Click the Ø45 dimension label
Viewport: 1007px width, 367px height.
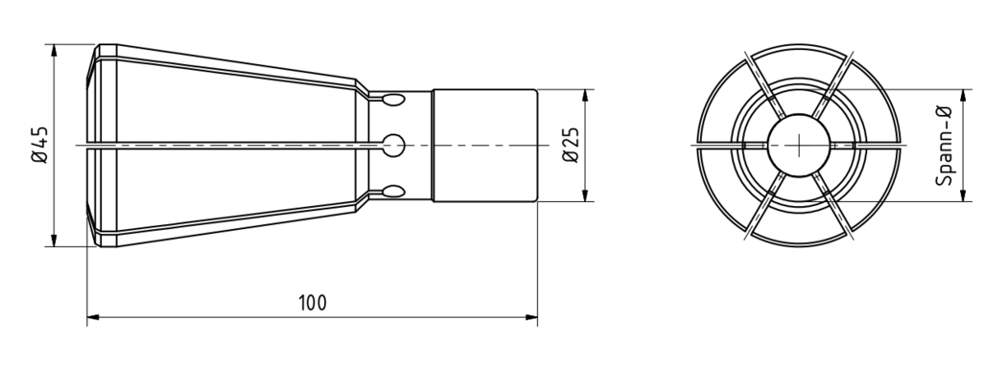(39, 145)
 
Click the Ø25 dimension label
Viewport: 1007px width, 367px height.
(571, 145)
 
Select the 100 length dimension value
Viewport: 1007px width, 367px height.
(312, 303)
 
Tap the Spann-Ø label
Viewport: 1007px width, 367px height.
(944, 146)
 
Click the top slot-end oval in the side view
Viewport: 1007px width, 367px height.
(393, 100)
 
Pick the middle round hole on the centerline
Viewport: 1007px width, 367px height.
(393, 146)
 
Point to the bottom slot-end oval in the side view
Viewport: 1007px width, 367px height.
(393, 192)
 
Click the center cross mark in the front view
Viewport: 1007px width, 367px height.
(798, 145)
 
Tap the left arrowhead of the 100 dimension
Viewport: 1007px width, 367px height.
(93, 317)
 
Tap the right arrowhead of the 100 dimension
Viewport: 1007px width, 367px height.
(531, 317)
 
